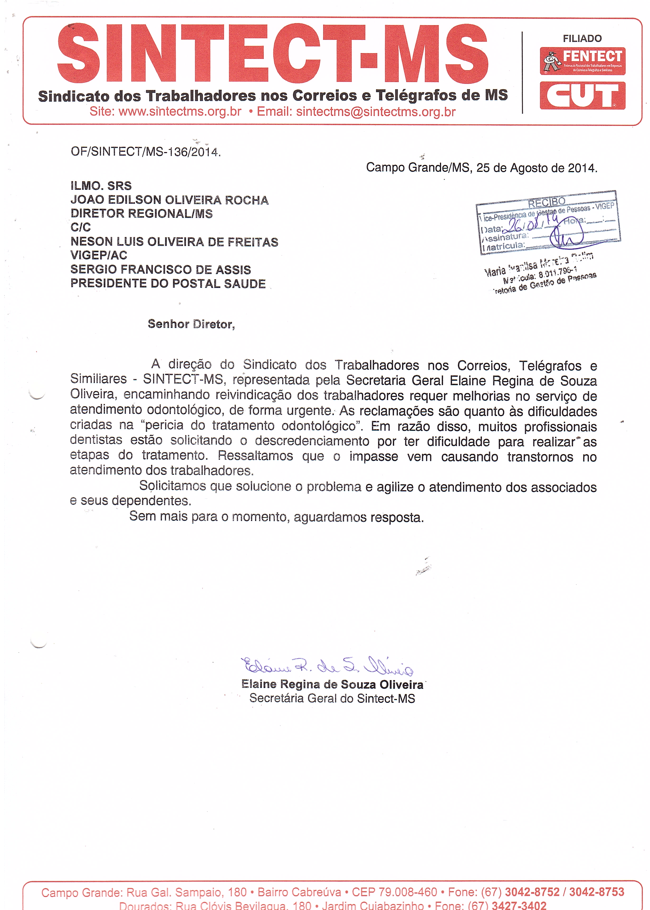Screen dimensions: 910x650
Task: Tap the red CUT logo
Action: (582, 96)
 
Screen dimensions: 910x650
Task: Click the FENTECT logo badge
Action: (582, 61)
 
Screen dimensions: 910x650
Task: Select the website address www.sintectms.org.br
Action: (180, 112)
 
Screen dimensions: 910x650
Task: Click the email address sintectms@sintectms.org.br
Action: (375, 112)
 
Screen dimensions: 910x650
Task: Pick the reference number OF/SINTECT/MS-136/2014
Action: (145, 152)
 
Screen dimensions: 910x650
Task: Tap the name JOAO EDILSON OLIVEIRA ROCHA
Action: (169, 200)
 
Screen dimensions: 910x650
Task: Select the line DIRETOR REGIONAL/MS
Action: (141, 214)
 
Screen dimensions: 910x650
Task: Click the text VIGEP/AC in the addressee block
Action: (99, 255)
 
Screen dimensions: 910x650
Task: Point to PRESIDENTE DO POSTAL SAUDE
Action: (168, 283)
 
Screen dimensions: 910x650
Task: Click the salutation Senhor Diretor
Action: (191, 324)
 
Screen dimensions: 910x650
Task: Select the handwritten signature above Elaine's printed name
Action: (327, 666)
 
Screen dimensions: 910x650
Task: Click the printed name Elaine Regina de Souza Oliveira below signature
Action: (332, 684)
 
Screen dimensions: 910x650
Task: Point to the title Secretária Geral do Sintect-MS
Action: (332, 699)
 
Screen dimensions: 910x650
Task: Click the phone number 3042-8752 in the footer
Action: (532, 892)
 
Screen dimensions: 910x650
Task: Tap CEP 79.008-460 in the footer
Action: (394, 892)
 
